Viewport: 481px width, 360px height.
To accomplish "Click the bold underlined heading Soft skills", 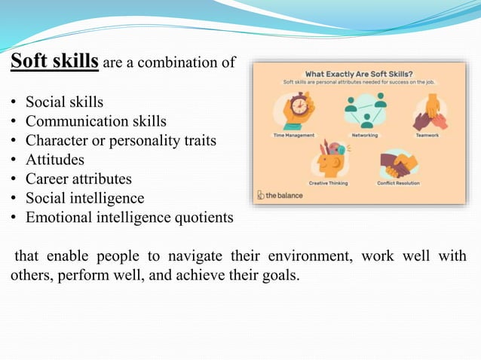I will pos(54,62).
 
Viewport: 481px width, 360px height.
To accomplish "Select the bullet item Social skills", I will pos(64,101).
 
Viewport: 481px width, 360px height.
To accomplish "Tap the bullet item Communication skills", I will pos(96,121).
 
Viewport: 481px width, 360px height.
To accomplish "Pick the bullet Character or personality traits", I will pos(121,140).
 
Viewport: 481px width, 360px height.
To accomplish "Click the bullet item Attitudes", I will pos(55,160).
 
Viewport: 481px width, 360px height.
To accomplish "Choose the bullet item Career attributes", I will pos(78,179).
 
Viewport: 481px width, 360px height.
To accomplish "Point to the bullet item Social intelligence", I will pos(84,199).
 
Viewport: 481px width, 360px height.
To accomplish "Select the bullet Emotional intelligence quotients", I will pos(129,218).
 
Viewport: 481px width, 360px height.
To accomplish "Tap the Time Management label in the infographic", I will pos(294,135).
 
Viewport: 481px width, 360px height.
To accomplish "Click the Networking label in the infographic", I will pos(364,135).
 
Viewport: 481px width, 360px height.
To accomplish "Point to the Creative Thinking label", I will pos(329,182).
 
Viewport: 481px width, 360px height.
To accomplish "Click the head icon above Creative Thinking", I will pos(329,159).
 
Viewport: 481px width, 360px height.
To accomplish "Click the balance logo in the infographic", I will pos(280,194).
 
